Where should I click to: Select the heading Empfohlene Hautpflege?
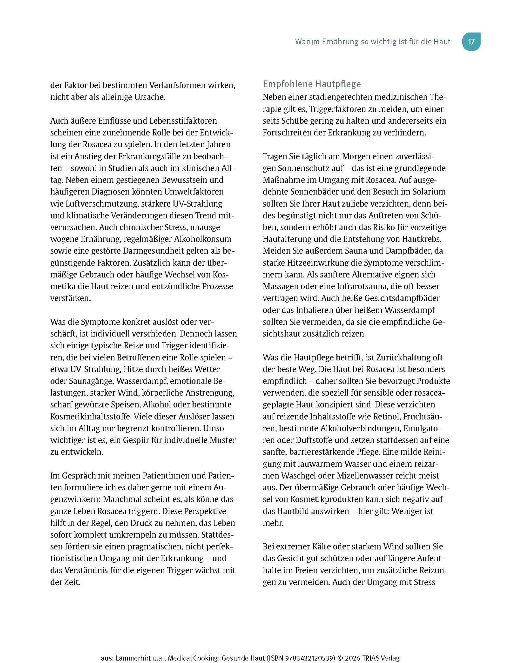click(312, 84)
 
